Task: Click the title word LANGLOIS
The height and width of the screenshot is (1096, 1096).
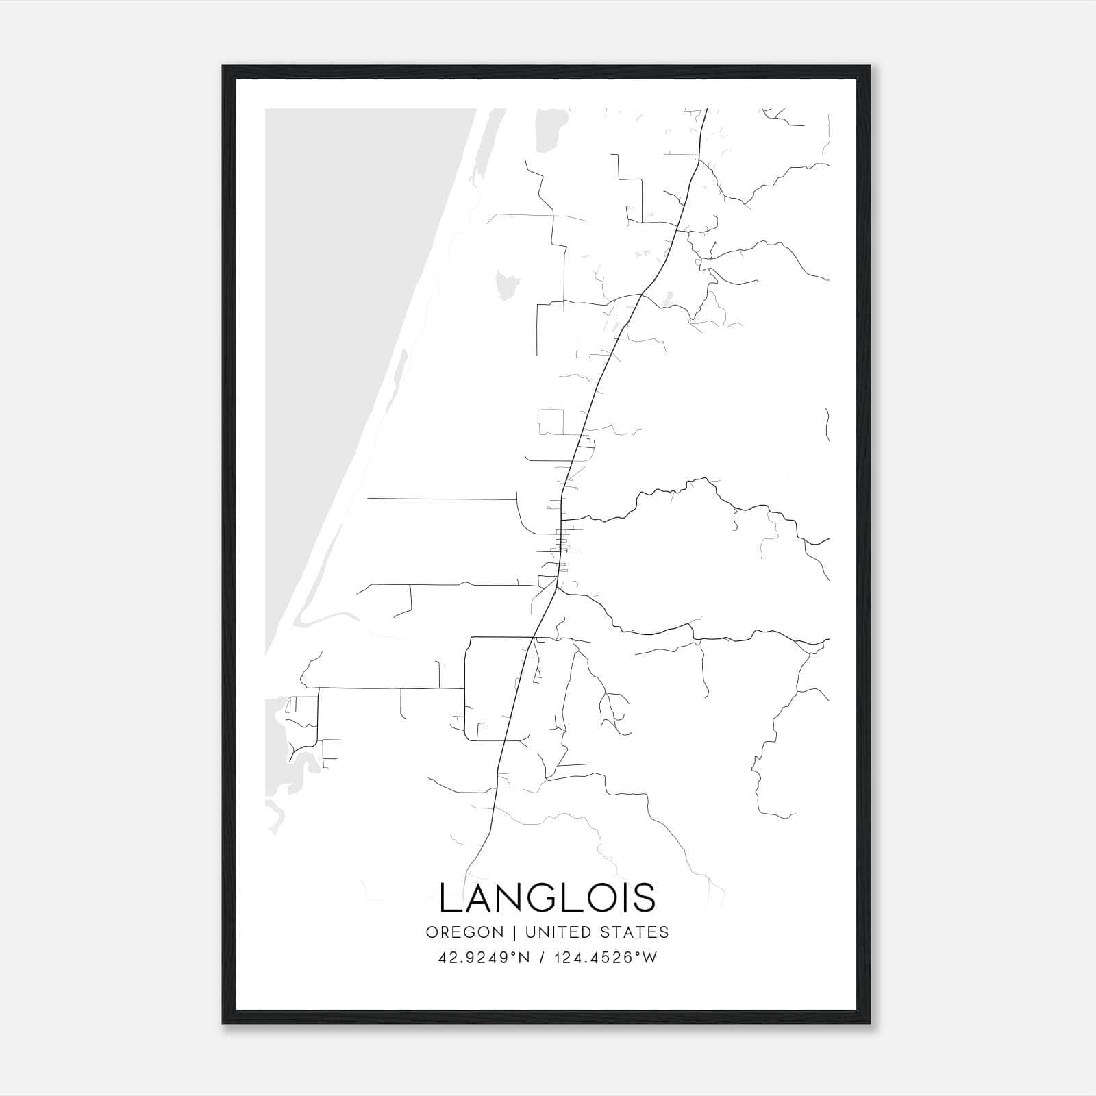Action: click(x=547, y=897)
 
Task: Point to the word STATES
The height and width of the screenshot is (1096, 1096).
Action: click(x=634, y=932)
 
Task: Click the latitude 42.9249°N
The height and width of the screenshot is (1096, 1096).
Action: click(x=485, y=958)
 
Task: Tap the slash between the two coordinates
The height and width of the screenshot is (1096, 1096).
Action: click(x=543, y=958)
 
